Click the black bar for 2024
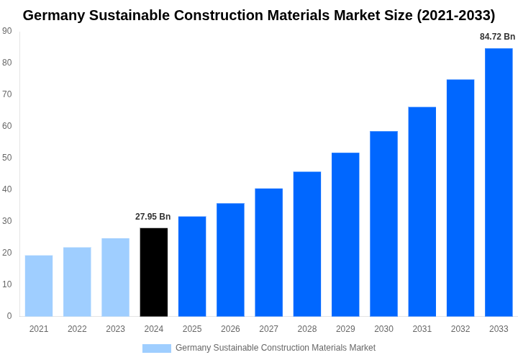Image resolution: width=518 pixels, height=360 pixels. (x=154, y=272)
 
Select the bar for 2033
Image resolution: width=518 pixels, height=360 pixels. (x=499, y=182)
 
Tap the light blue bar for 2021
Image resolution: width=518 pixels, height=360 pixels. (x=39, y=286)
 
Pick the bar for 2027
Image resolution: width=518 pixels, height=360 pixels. (x=269, y=252)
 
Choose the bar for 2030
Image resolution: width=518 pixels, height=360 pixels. (x=383, y=223)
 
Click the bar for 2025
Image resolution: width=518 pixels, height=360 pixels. (x=192, y=266)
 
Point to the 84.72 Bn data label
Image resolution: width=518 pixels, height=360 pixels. (x=497, y=37)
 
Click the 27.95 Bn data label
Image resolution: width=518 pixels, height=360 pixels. (x=153, y=217)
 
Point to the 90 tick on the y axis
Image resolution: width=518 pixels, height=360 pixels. (x=7, y=31)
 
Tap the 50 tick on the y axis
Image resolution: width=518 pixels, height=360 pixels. (x=7, y=158)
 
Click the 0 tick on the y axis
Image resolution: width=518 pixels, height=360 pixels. (x=9, y=316)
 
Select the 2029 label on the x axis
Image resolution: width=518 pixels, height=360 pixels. (x=345, y=329)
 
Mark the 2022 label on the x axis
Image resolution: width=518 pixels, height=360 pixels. (x=77, y=329)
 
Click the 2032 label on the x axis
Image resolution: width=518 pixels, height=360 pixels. (x=460, y=329)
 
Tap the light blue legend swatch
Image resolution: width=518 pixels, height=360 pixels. (x=157, y=348)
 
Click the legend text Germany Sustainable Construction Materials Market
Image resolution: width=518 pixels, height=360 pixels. (x=276, y=348)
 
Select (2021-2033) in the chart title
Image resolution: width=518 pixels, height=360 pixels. (x=456, y=15)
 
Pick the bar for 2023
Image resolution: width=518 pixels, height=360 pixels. (x=115, y=277)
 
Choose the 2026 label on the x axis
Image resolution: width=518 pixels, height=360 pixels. (x=230, y=329)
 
